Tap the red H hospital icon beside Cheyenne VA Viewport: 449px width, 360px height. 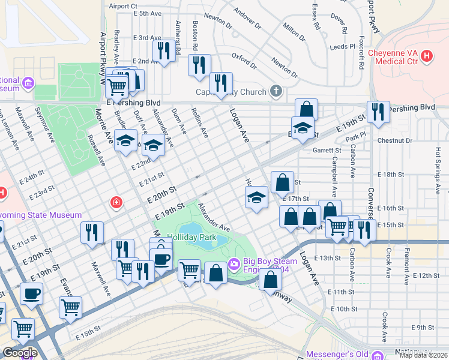pyautogui.click(x=427, y=56)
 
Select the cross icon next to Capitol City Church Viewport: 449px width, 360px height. pyautogui.click(x=276, y=92)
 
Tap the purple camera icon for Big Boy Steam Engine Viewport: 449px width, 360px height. pyautogui.click(x=234, y=263)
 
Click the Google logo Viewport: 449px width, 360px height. pyautogui.click(x=19, y=352)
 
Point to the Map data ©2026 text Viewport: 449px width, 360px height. pyautogui.click(x=423, y=355)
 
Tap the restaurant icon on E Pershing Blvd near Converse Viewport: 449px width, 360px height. pyautogui.click(x=378, y=112)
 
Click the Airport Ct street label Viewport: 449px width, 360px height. pyautogui.click(x=123, y=6)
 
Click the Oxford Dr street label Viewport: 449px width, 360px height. pyautogui.click(x=244, y=61)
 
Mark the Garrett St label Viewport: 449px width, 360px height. pyautogui.click(x=327, y=151)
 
